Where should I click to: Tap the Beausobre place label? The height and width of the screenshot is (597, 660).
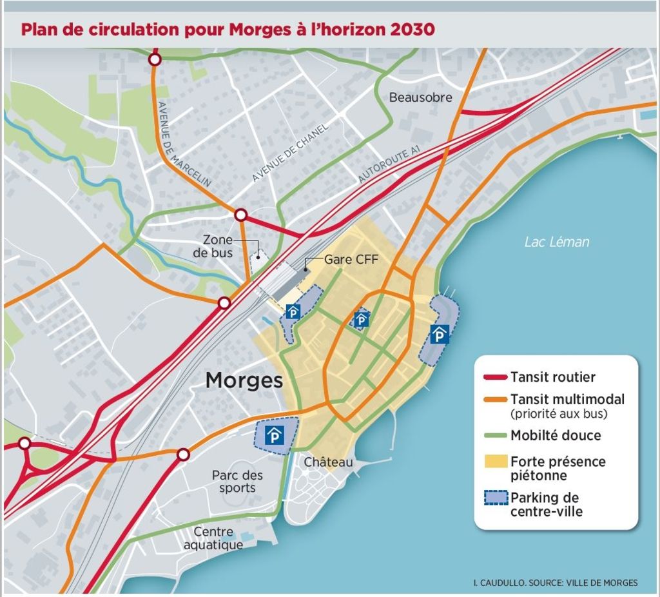pos(420,97)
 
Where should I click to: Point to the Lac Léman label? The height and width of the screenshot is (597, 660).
pos(556,242)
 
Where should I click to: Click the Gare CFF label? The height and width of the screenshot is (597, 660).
pos(351,259)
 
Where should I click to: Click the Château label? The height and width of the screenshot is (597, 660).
pos(329,462)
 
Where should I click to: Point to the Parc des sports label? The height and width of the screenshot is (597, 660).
pos(237,481)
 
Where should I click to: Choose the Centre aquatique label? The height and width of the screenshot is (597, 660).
pos(213,538)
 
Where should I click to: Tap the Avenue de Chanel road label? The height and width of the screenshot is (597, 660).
pos(290,152)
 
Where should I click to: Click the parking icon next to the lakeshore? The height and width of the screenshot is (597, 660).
pos(440,334)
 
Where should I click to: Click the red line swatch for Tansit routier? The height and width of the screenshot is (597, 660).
pos(495,377)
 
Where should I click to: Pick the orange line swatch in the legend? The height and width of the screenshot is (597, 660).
pos(495,400)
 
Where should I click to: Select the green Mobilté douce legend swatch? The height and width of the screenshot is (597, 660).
pos(495,436)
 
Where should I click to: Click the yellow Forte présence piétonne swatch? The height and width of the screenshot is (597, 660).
pos(495,462)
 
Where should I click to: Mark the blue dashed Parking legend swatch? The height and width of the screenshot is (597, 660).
pos(495,498)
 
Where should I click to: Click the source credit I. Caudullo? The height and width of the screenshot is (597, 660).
pos(555,583)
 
